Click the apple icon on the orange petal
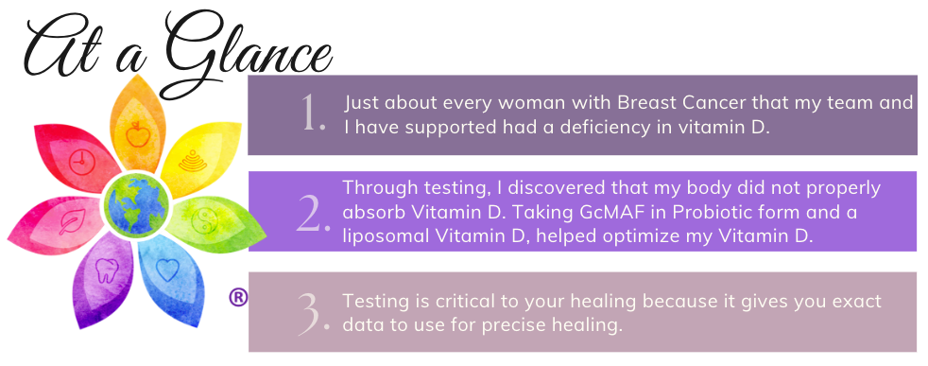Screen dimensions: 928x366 click(137, 134)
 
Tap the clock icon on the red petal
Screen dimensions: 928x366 click(81, 163)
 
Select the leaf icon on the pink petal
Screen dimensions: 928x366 click(72, 221)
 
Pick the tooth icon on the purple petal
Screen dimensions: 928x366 click(107, 270)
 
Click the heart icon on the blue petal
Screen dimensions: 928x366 click(167, 270)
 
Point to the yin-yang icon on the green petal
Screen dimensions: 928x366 click(205, 221)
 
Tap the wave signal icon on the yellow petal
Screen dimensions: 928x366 click(189, 161)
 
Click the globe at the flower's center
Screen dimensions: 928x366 click(137, 205)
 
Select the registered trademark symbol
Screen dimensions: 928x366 click(237, 297)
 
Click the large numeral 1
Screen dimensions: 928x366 click(313, 113)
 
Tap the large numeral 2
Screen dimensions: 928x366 click(313, 214)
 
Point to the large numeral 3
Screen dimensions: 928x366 click(313, 313)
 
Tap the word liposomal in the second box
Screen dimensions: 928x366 click(387, 236)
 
